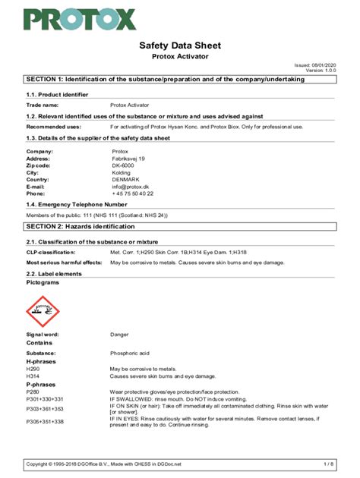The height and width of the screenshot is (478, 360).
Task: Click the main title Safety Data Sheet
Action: pos(179,46)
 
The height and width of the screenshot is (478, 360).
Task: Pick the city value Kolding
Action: pos(121,172)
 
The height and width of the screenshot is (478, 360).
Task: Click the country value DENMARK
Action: pos(125,179)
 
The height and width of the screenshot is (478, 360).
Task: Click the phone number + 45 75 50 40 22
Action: pos(132,193)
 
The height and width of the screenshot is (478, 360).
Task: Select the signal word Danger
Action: pos(120,335)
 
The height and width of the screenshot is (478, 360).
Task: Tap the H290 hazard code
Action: pos(33,369)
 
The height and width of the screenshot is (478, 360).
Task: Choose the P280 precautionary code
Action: pos(33,391)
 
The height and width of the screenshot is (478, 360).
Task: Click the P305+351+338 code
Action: pos(45,421)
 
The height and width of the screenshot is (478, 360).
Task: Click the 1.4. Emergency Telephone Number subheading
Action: pos(77,205)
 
